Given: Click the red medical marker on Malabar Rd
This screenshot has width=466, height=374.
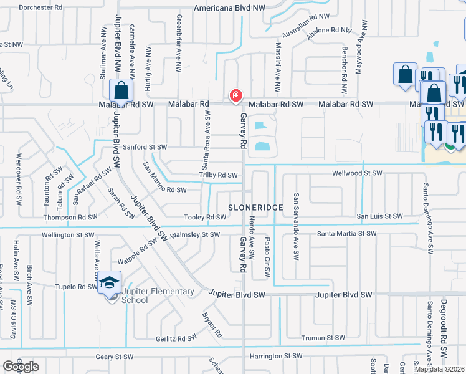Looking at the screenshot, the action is tap(235, 95).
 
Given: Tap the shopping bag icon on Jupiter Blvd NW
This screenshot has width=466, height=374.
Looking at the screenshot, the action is tap(121, 90).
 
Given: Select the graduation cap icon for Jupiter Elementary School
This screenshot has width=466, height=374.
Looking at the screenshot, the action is tap(109, 282).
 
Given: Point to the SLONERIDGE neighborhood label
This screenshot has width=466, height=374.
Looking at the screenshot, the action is tap(256, 207).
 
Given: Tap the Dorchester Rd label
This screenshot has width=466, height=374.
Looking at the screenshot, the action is tap(40, 8).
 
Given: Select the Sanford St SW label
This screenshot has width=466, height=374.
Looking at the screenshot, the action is tap(145, 147).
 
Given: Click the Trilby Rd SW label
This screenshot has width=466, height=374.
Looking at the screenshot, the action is tap(219, 175).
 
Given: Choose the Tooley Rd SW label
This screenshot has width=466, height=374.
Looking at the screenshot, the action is tap(205, 217).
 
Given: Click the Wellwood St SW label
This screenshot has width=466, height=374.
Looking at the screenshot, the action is tap(357, 173).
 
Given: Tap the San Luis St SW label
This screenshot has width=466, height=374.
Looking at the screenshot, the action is tap(379, 216).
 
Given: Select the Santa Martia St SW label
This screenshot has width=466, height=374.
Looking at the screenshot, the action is tap(347, 234).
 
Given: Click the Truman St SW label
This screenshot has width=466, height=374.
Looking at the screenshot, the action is tap(322, 338).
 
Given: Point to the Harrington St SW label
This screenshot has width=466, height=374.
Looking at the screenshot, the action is tap(275, 357).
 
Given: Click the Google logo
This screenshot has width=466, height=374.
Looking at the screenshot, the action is tap(21, 367).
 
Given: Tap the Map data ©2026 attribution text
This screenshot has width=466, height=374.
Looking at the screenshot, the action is tap(439, 369).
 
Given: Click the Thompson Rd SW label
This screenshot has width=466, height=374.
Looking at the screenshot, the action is tap(70, 218).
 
